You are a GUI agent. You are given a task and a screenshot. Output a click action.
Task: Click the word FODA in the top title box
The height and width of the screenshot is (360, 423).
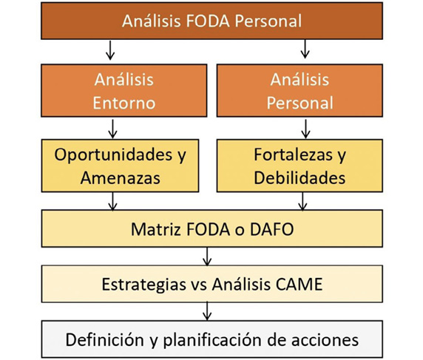tap(208, 21)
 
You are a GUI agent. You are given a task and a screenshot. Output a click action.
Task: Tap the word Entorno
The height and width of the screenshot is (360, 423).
tap(124, 103)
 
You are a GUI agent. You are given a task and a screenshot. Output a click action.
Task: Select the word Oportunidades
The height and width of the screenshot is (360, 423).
tap(113, 155)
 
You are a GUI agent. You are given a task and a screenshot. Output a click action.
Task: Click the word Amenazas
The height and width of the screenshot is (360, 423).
tap(121, 178)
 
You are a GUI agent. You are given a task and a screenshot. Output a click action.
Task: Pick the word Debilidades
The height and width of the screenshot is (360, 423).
tap(300, 177)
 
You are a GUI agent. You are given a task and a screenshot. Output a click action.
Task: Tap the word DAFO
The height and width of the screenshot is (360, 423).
tap(271, 229)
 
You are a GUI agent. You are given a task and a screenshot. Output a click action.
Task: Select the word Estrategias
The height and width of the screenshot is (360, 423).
tap(143, 285)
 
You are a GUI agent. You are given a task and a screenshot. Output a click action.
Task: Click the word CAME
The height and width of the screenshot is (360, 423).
tap(300, 284)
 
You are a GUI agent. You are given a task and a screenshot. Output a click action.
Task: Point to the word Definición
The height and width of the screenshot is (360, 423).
tap(105, 340)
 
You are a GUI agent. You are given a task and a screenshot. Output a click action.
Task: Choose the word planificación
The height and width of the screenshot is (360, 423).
tap(211, 340)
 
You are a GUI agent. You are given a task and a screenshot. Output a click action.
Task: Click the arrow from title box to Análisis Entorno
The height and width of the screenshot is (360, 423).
tap(110, 50)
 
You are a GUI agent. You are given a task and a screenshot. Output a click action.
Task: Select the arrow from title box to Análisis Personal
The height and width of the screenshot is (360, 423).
tap(305, 49)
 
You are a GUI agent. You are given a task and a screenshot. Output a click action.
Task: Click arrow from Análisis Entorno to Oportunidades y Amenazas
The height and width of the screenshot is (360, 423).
tap(112, 129)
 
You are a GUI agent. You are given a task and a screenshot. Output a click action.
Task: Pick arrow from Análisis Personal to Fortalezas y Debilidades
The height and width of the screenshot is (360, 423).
tap(305, 129)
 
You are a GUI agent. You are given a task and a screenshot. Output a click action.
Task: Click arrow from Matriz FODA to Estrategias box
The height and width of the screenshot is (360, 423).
tap(207, 257)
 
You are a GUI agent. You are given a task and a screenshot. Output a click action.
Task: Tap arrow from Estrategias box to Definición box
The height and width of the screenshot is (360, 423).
tap(207, 311)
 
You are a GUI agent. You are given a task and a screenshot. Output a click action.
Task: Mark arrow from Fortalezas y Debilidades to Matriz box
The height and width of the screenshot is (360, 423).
tap(302, 202)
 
